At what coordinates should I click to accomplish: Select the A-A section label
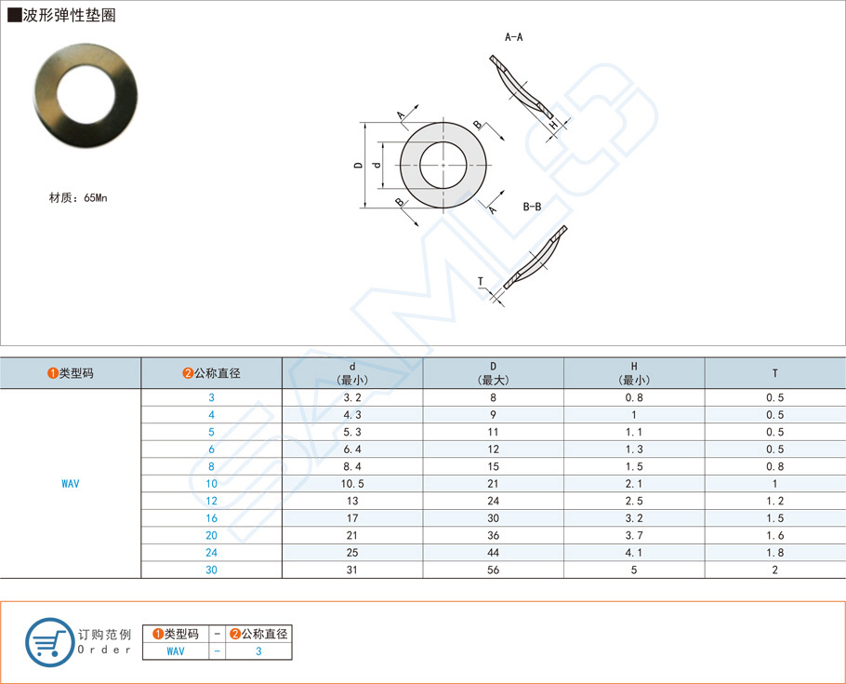513,37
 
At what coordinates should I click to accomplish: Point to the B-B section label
532,207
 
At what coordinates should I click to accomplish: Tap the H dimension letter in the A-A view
552,124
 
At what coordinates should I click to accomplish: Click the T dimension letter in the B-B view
481,281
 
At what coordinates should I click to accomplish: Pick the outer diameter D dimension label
358,166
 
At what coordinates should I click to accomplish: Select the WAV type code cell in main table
71,484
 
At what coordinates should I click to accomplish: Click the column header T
774,373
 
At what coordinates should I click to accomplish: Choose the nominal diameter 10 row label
211,484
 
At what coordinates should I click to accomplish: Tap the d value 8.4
352,466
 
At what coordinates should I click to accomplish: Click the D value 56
493,570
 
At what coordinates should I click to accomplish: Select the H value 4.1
634,553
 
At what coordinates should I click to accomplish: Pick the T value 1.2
774,501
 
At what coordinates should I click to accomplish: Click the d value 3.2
352,397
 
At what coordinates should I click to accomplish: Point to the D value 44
493,553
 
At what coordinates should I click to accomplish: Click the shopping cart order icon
48,640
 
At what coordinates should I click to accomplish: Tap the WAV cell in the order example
176,651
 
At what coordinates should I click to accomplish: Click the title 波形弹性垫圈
70,16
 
